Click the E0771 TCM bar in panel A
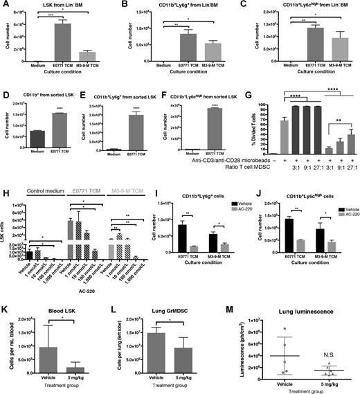(x=64, y=41)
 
